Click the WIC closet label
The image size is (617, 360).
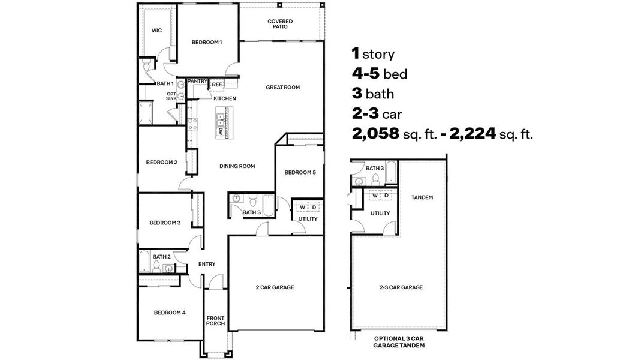pyautogui.click(x=156, y=30)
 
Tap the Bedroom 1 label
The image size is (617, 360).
pyautogui.click(x=207, y=42)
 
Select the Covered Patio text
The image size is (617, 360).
pyautogui.click(x=280, y=23)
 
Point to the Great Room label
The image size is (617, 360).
pyautogui.click(x=282, y=87)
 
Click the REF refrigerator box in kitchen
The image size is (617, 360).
pyautogui.click(x=216, y=85)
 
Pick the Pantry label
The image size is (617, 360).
pyautogui.click(x=197, y=80)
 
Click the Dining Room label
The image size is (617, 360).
pyautogui.click(x=237, y=166)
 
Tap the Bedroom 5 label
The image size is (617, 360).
pyautogui.click(x=300, y=172)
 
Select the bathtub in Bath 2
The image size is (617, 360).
pyautogui.click(x=145, y=262)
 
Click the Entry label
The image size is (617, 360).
pyautogui.click(x=207, y=264)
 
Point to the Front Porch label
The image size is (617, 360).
pyautogui.click(x=215, y=321)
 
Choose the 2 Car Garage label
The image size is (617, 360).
pyautogui.click(x=275, y=287)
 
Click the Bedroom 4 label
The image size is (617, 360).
pyautogui.click(x=170, y=312)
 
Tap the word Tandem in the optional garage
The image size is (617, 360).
pyautogui.click(x=422, y=197)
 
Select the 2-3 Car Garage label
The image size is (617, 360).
pyautogui.click(x=401, y=287)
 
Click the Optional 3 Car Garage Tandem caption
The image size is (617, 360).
pyautogui.click(x=399, y=343)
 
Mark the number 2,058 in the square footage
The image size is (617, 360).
pyautogui.click(x=375, y=134)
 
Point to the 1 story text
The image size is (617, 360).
pyautogui.click(x=373, y=54)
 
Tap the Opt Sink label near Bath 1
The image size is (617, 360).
pyautogui.click(x=171, y=96)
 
